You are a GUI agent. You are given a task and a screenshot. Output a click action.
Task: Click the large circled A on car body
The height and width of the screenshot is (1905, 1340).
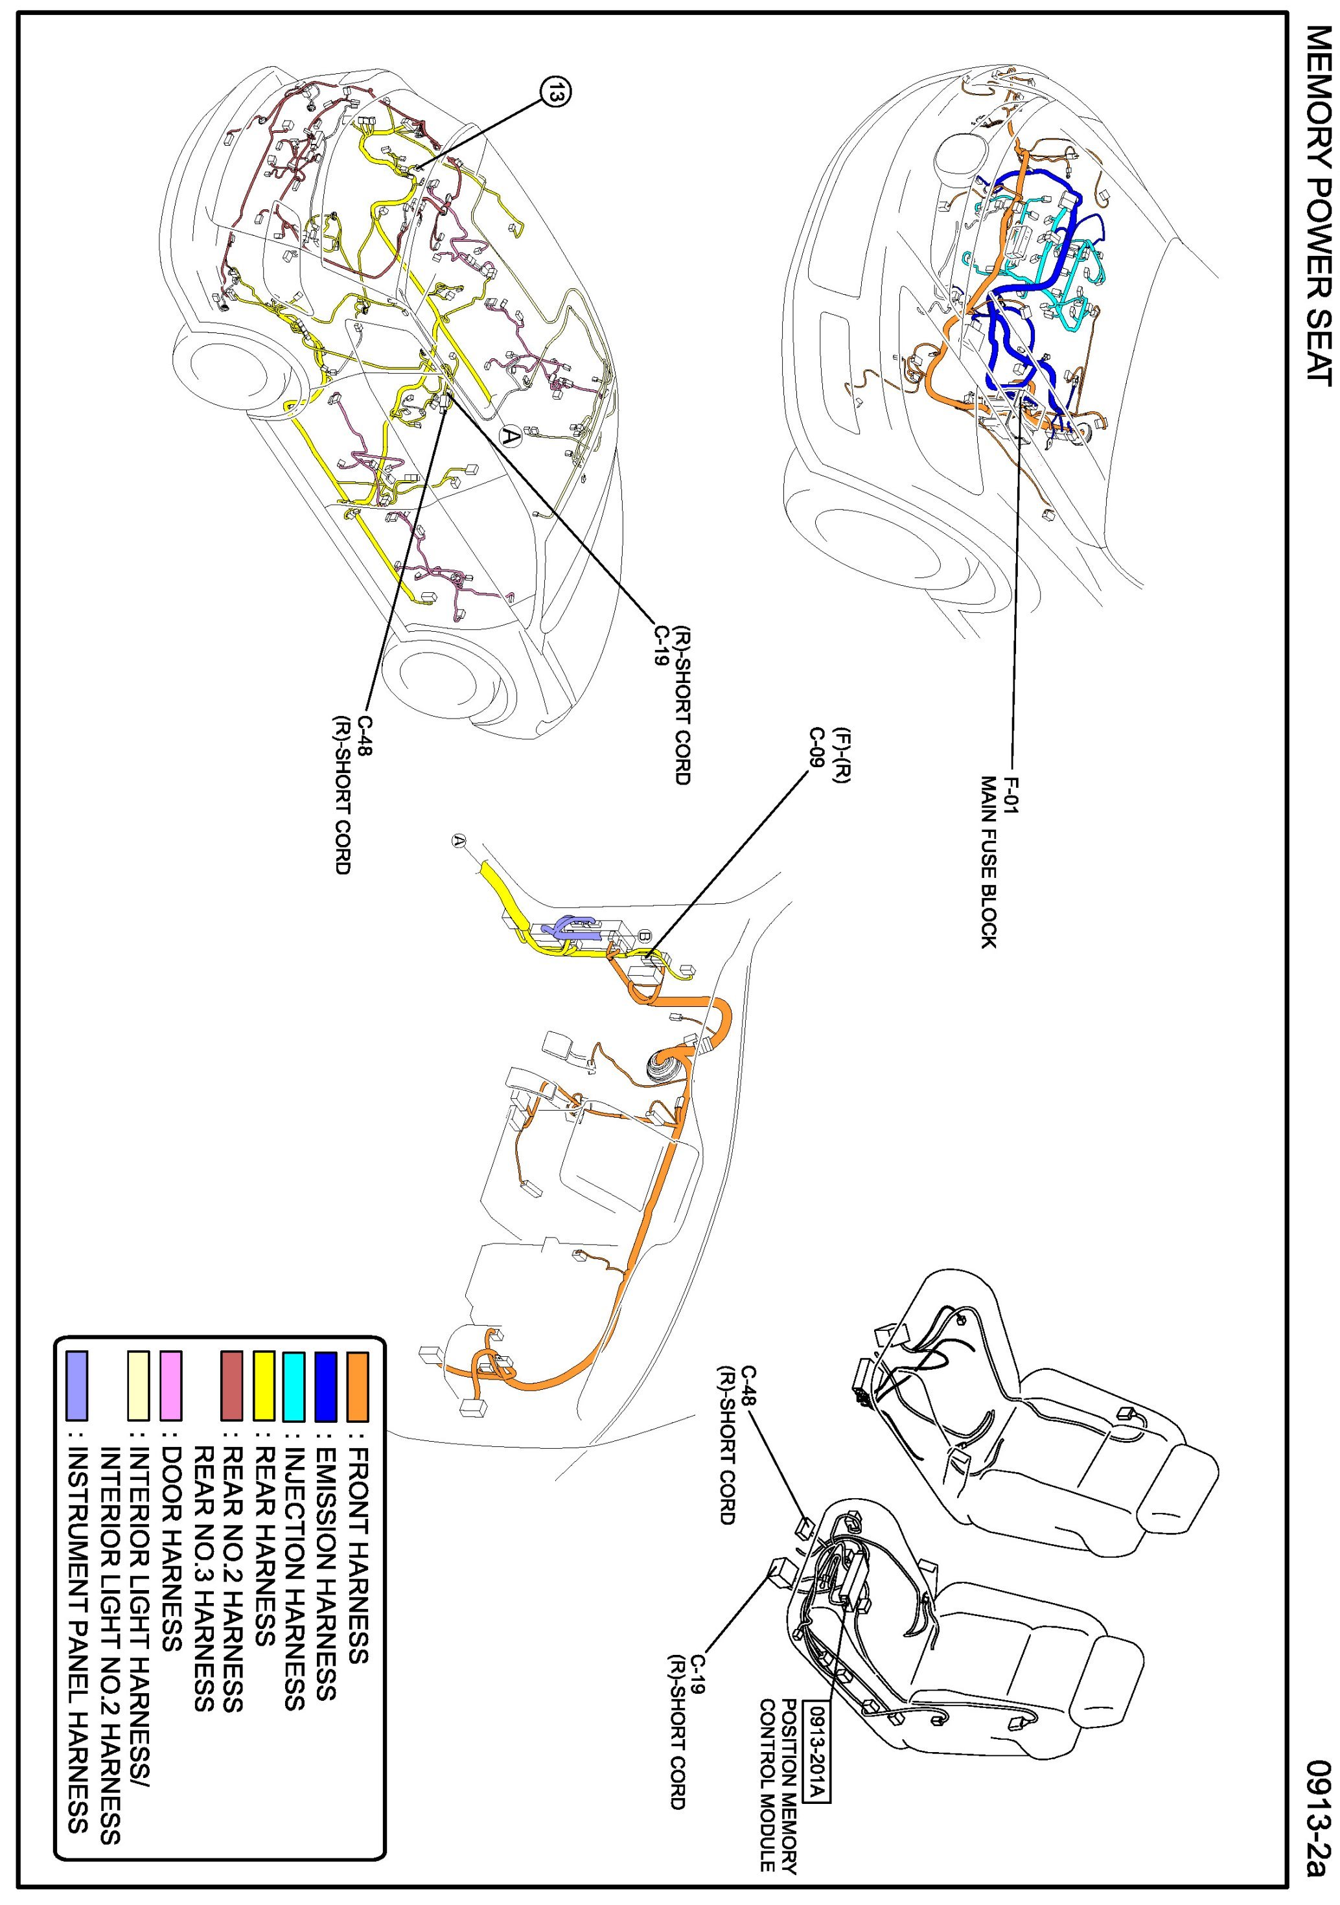[511, 435]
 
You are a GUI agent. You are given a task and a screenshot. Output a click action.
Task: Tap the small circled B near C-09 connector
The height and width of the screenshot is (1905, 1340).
[645, 935]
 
